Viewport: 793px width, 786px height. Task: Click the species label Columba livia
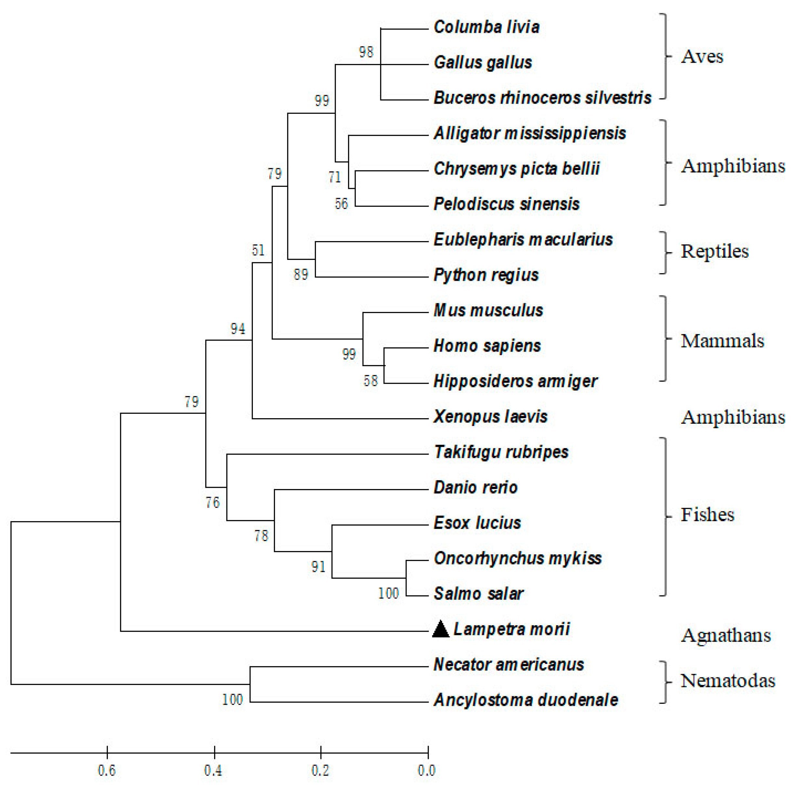click(x=487, y=27)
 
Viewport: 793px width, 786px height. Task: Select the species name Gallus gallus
click(x=483, y=62)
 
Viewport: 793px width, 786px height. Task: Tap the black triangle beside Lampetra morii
click(x=441, y=629)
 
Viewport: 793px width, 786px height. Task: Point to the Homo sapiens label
click(x=487, y=346)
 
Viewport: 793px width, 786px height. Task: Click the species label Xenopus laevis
click(x=490, y=417)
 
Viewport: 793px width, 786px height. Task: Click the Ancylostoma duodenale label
click(x=526, y=700)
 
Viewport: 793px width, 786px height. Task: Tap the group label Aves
click(x=702, y=57)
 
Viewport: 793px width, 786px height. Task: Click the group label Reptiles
click(x=715, y=251)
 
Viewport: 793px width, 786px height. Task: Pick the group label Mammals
click(x=722, y=341)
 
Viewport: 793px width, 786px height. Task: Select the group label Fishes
click(x=707, y=515)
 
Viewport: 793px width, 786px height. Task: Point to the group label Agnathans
click(x=726, y=635)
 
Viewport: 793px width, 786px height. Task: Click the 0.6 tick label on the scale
click(x=107, y=770)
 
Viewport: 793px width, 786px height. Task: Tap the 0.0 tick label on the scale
click(x=426, y=770)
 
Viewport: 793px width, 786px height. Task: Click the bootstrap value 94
click(x=238, y=329)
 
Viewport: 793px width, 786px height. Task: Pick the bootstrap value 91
click(x=318, y=567)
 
